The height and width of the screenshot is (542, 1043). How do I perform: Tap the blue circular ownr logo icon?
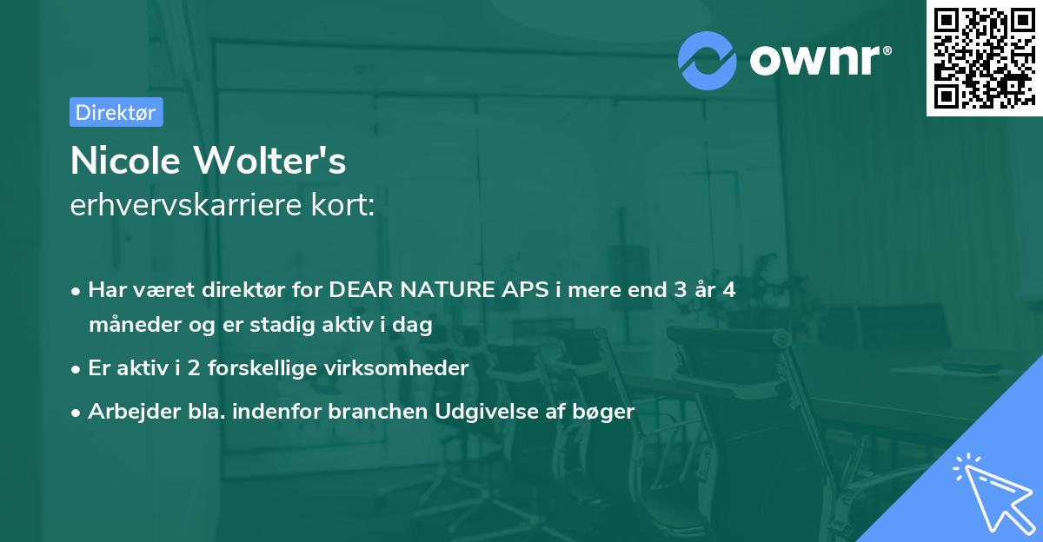[x=708, y=60]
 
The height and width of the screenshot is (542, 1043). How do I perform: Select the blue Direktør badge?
[x=116, y=112]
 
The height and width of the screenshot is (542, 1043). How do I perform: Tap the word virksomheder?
[x=408, y=368]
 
